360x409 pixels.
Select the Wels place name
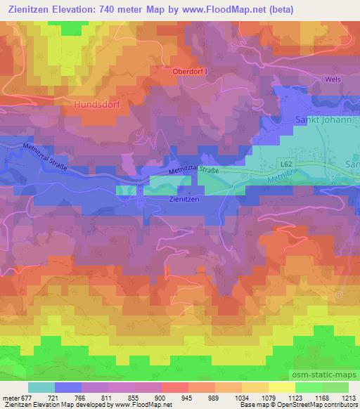click(x=333, y=79)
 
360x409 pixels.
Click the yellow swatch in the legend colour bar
click(x=281, y=387)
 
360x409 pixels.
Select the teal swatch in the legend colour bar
click(x=41, y=387)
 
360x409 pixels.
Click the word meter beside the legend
click(x=10, y=397)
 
